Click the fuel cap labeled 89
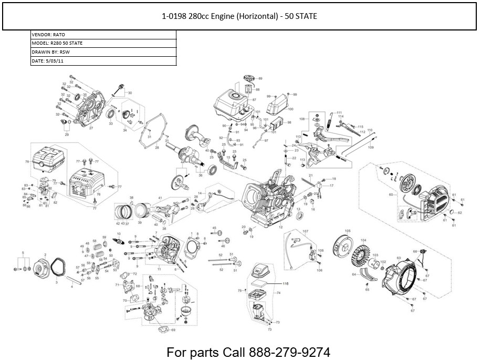click(x=249, y=79)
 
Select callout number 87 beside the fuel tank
click(x=254, y=99)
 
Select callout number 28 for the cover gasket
click(x=156, y=148)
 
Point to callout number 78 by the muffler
click(x=27, y=162)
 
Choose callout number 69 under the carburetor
click(x=173, y=330)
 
